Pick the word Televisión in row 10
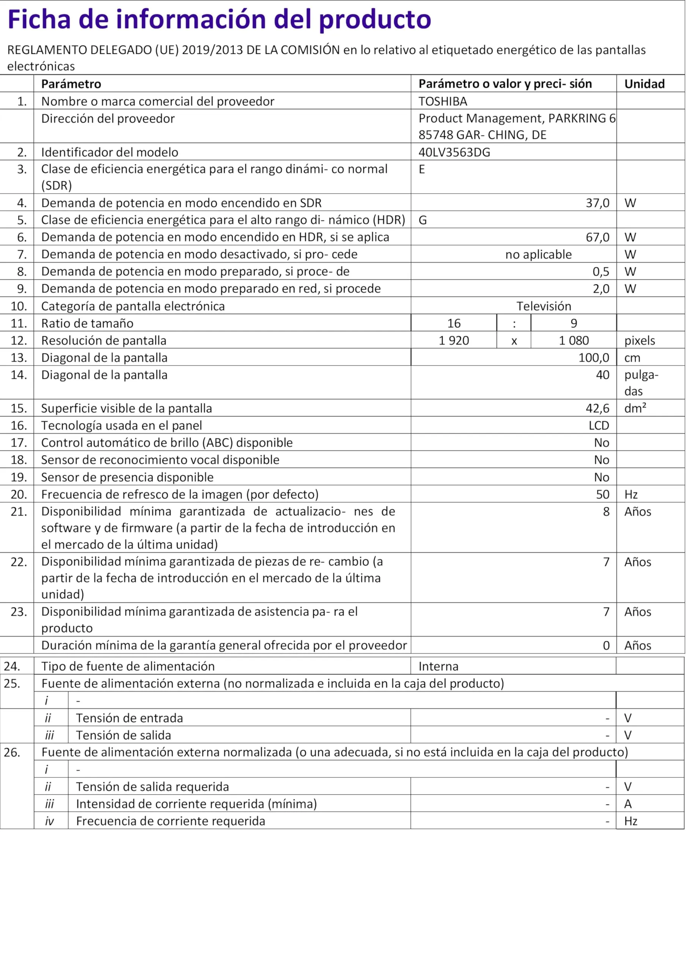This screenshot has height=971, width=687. [544, 306]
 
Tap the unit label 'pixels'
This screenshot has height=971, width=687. [639, 341]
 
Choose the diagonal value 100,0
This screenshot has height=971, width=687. [594, 358]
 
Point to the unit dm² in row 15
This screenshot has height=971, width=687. [635, 408]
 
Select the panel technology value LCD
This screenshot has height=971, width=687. [599, 426]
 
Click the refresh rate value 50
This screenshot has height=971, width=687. [602, 494]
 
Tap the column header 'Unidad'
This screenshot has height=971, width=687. [644, 84]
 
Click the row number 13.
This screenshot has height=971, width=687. [19, 358]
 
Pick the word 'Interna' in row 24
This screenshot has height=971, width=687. [438, 666]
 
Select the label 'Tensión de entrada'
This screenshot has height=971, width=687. [129, 718]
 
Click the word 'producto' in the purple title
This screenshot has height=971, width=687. [374, 19]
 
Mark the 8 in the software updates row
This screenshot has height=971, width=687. [606, 512]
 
